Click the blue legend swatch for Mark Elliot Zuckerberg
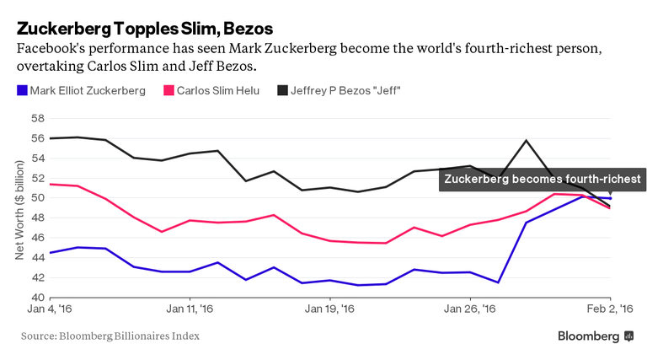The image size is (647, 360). point(21,89)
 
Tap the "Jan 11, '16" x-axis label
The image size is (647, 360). point(190,310)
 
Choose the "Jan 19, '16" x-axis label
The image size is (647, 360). point(329,310)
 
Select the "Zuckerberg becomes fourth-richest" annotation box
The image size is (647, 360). point(543,179)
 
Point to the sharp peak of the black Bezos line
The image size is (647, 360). point(527,140)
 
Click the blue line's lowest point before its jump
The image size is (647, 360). point(499,282)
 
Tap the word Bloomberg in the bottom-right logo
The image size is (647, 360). point(588,336)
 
